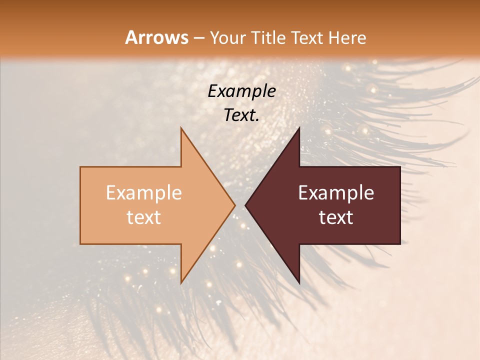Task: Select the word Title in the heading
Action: pyautogui.click(x=269, y=37)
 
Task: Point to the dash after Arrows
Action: pyautogui.click(x=199, y=38)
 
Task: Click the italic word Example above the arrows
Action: pyautogui.click(x=241, y=91)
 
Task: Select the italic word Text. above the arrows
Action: pyautogui.click(x=241, y=115)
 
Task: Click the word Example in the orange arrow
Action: pyautogui.click(x=144, y=193)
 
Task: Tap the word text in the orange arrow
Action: pyautogui.click(x=144, y=217)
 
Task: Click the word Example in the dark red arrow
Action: pyautogui.click(x=336, y=193)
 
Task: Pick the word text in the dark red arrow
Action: pyautogui.click(x=336, y=217)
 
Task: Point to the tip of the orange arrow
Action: pyautogui.click(x=235, y=205)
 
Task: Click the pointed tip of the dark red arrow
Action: pyautogui.click(x=245, y=205)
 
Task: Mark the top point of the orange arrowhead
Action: pyautogui.click(x=181, y=127)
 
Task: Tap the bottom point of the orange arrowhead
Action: pyautogui.click(x=181, y=283)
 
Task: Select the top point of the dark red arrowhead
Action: pyautogui.click(x=299, y=127)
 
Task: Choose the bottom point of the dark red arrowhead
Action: pyautogui.click(x=299, y=283)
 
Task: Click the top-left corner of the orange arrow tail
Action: pyautogui.click(x=80, y=167)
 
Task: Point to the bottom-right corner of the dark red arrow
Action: pyautogui.click(x=400, y=244)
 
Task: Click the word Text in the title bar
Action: pyautogui.click(x=308, y=37)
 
